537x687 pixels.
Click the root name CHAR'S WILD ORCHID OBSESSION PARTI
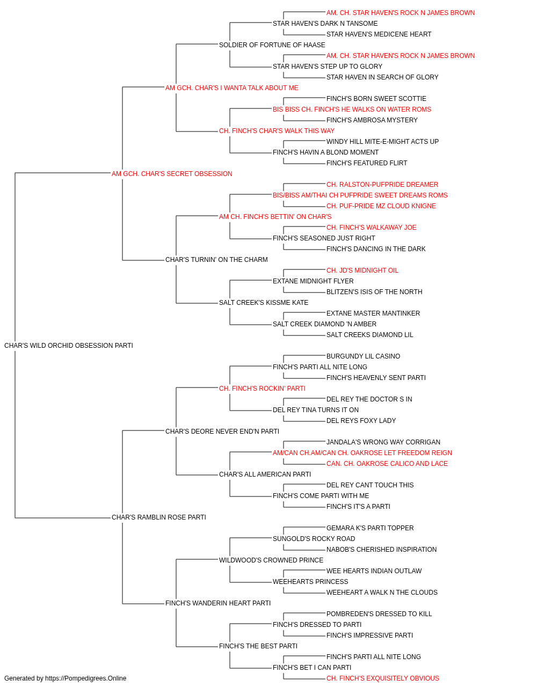click(69, 346)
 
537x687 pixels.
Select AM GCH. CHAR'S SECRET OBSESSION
click(172, 174)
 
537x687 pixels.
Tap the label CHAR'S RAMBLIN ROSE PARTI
click(159, 517)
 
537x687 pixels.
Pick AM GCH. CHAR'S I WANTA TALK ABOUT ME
click(232, 88)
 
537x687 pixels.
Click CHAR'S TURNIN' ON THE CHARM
click(216, 260)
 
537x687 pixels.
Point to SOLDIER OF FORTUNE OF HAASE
click(272, 45)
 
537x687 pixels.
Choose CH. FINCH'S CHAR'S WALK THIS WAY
click(277, 131)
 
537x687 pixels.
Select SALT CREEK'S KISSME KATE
click(264, 303)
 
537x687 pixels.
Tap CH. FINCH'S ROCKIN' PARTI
click(262, 389)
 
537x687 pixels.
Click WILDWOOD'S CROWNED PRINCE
click(271, 560)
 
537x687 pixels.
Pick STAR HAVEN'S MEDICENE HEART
click(379, 34)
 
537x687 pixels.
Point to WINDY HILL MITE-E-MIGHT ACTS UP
click(382, 142)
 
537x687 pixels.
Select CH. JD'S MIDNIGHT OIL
click(362, 271)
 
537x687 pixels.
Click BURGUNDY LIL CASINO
click(363, 356)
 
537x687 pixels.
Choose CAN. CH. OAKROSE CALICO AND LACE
click(387, 464)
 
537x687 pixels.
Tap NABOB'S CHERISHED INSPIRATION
click(381, 550)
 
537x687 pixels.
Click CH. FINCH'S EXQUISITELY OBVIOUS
click(383, 678)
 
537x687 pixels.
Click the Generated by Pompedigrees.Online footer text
click(65, 678)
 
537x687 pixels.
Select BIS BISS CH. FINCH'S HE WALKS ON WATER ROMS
click(352, 109)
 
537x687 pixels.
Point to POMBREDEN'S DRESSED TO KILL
click(379, 614)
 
